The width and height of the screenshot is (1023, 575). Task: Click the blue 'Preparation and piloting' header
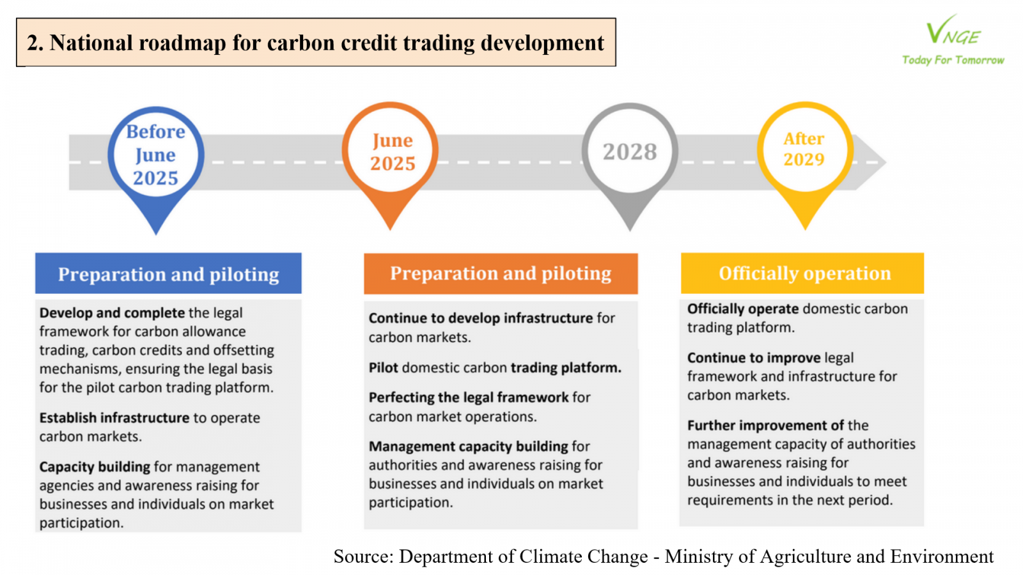[x=168, y=273]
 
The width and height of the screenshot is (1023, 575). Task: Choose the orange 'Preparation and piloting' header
[x=501, y=273]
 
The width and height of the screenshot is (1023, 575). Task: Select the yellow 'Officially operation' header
[x=802, y=273]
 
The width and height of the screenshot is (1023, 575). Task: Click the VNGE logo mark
[x=953, y=31]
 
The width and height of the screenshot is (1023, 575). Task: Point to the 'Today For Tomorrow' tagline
[x=953, y=60]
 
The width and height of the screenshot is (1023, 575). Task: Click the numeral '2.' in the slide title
[x=35, y=43]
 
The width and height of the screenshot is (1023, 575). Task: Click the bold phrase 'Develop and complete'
[x=112, y=312]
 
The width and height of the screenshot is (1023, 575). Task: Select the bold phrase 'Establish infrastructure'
[x=114, y=418]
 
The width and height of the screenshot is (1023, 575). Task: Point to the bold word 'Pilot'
[x=383, y=367]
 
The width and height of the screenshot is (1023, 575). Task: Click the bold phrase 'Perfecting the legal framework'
[x=469, y=397]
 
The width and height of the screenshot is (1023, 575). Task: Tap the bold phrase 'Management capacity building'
[x=469, y=447]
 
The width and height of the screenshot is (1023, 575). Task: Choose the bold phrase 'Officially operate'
[x=743, y=309]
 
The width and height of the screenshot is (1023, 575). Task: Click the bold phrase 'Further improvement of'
[x=766, y=425]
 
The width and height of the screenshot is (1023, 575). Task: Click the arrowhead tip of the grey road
[x=886, y=162]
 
